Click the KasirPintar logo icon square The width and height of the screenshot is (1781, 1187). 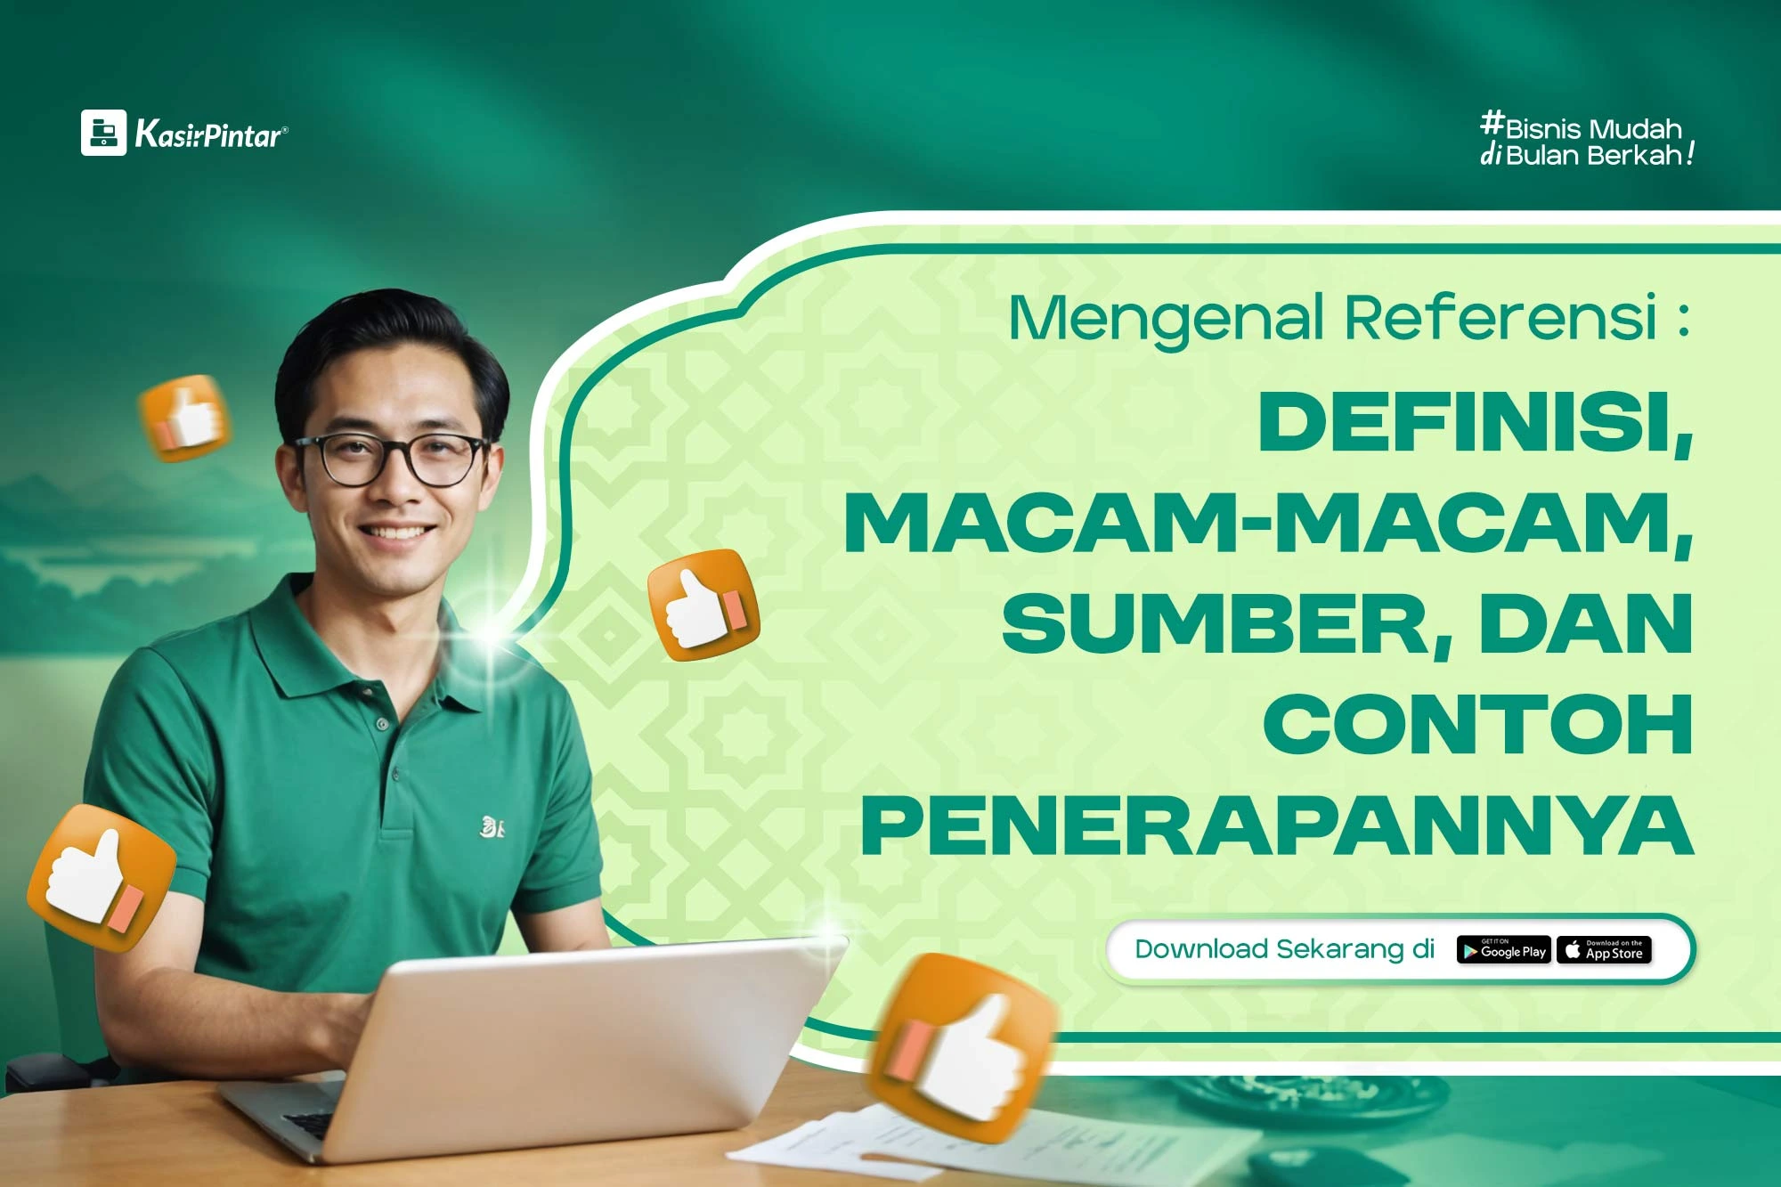click(x=103, y=133)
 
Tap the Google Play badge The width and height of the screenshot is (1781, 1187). click(x=1504, y=950)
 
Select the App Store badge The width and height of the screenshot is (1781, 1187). click(x=1605, y=950)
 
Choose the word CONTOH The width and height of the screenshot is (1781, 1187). click(x=1478, y=724)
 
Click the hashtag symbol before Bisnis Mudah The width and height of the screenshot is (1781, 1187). click(x=1492, y=122)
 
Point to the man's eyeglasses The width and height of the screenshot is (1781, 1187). click(x=393, y=459)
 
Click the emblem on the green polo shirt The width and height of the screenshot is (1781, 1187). click(x=492, y=827)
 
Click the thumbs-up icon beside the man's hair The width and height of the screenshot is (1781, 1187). click(x=185, y=419)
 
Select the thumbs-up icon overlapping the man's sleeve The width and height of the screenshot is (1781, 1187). click(x=102, y=878)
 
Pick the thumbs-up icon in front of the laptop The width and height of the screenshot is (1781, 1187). click(x=962, y=1049)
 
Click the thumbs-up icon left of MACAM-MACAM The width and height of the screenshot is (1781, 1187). click(x=703, y=606)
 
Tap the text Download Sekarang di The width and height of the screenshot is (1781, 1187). click(x=1284, y=949)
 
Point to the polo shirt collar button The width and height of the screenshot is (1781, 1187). click(x=383, y=723)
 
